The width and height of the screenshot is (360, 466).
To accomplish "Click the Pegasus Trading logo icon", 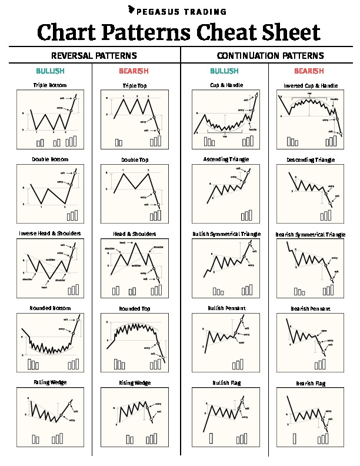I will tap(131, 10).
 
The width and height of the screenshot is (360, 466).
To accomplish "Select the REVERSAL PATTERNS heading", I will tap(94, 56).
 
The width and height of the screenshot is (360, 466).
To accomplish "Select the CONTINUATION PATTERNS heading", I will tap(270, 56).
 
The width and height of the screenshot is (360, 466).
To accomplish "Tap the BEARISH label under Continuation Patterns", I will tap(309, 71).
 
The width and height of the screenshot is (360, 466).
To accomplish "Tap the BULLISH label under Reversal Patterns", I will tap(50, 71).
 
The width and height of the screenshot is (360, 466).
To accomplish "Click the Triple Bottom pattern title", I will tap(50, 85).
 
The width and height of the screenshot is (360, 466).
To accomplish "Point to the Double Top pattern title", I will tap(135, 160).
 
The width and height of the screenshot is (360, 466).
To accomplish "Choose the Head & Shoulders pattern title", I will tap(135, 234).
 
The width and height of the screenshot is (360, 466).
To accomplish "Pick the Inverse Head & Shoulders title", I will tap(50, 234).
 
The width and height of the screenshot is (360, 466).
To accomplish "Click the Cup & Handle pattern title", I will tap(226, 85).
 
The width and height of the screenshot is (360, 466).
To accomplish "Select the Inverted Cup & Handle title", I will tap(311, 86).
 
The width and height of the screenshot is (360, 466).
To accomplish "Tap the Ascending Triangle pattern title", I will tap(226, 159).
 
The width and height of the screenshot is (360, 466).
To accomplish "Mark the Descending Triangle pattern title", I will tap(311, 160).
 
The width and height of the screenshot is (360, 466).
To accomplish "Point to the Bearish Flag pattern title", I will tap(311, 383).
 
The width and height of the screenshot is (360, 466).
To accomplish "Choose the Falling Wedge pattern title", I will tap(50, 382).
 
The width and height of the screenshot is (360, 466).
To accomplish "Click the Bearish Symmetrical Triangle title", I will tap(311, 234).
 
